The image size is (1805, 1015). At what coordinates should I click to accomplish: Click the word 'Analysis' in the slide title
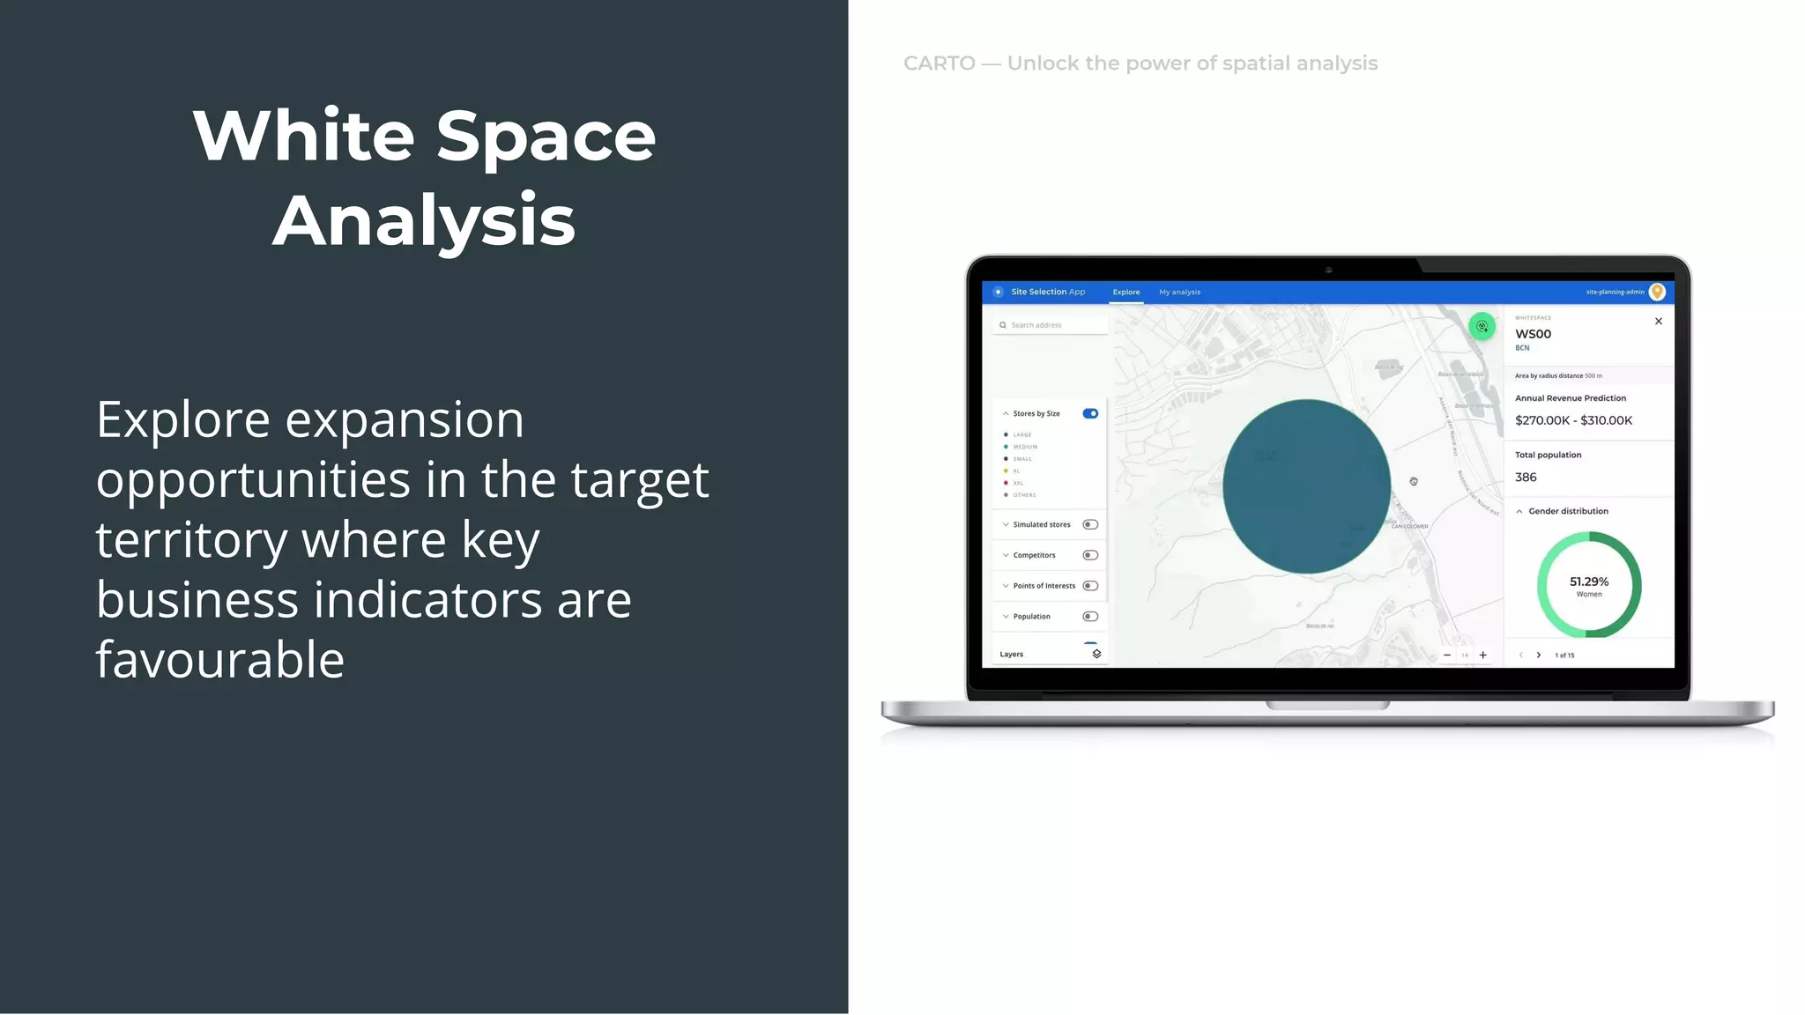click(x=424, y=220)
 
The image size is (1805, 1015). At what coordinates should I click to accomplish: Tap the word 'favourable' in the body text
click(x=220, y=659)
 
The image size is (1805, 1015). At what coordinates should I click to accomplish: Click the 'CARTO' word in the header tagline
click(x=939, y=63)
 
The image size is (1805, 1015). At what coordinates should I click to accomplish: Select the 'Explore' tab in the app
click(x=1125, y=292)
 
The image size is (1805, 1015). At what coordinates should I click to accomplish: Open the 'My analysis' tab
click(x=1179, y=292)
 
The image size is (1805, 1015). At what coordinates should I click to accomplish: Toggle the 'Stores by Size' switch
click(x=1090, y=413)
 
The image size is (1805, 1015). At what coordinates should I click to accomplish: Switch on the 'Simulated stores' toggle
click(x=1090, y=524)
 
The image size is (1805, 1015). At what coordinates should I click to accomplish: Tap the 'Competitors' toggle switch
click(x=1090, y=555)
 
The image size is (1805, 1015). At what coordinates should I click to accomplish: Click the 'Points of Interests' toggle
click(x=1090, y=586)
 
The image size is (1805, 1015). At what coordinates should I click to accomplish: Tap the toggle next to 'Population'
click(x=1090, y=617)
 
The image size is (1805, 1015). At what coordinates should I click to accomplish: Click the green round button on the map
click(x=1482, y=327)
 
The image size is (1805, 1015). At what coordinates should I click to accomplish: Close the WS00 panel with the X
click(x=1658, y=322)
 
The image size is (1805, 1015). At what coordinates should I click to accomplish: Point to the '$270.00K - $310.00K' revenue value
click(x=1573, y=420)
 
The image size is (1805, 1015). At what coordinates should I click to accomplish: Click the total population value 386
click(x=1526, y=478)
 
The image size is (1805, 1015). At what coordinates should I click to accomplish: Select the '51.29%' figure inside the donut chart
click(x=1588, y=582)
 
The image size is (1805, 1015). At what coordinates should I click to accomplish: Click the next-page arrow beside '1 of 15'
click(x=1539, y=655)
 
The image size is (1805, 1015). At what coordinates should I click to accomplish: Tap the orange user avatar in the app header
click(x=1657, y=292)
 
